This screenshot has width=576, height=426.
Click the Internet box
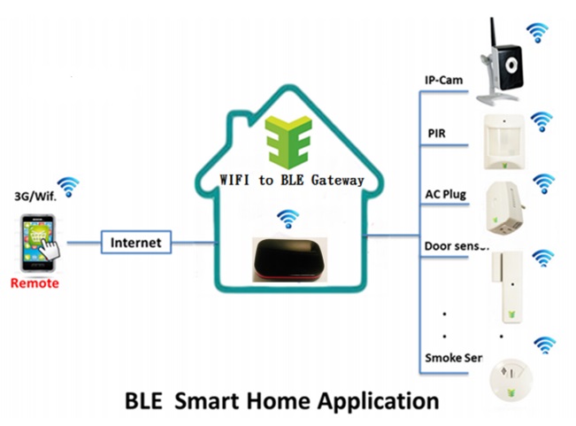point(135,241)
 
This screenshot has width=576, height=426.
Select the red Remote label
point(35,283)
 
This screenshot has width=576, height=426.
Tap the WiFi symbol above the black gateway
point(286,218)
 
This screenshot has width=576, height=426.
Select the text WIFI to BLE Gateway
point(291,180)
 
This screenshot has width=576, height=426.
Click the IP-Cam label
point(444,80)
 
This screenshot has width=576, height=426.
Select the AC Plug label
point(448,193)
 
